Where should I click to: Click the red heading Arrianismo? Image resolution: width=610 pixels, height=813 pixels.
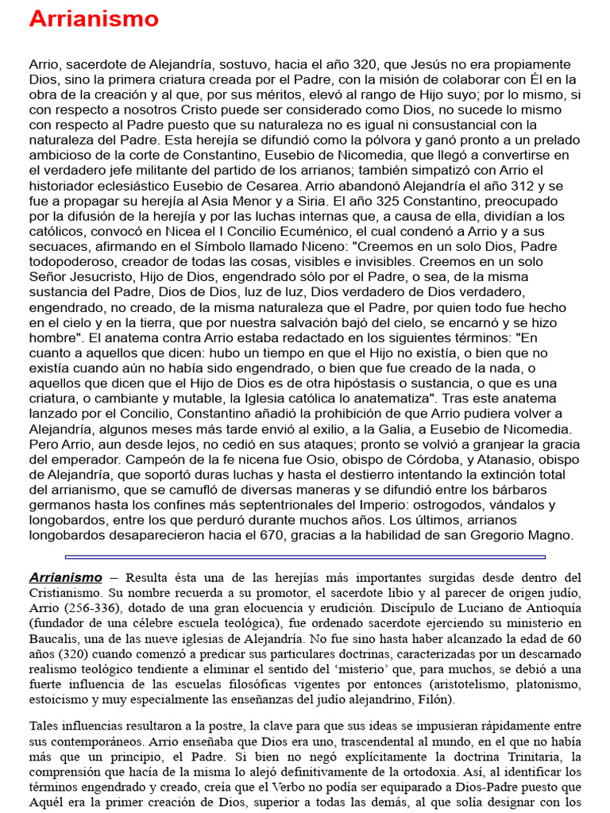(94, 19)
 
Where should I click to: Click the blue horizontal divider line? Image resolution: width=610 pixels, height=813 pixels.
(305, 557)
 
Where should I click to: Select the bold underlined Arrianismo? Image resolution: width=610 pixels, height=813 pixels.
(66, 577)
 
